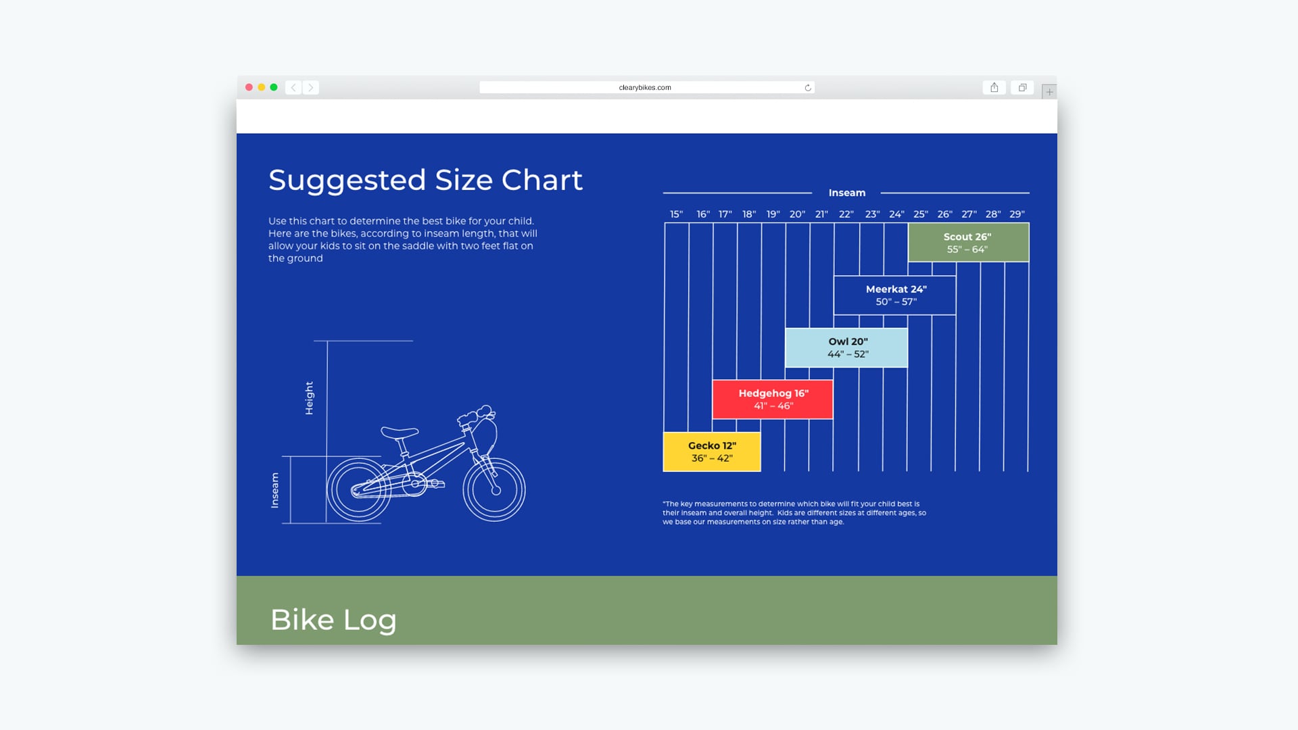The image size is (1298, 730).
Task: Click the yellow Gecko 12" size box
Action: click(x=712, y=452)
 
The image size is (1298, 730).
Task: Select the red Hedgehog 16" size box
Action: click(x=773, y=399)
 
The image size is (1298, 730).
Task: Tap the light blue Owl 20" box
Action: click(x=846, y=347)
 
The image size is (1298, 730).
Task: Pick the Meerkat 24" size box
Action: click(x=895, y=295)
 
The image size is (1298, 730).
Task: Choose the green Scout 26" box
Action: click(x=968, y=243)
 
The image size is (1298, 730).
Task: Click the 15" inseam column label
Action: click(x=676, y=214)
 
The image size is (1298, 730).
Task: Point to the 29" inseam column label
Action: click(x=1017, y=214)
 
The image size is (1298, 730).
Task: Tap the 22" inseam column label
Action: click(x=846, y=214)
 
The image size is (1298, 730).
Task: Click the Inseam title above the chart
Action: click(x=847, y=193)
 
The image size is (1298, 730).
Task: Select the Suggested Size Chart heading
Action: click(x=425, y=180)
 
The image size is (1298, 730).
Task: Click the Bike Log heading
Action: click(x=333, y=620)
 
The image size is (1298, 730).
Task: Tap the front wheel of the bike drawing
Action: click(x=494, y=489)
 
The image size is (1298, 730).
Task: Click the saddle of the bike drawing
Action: click(x=400, y=431)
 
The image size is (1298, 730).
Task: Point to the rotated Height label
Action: click(x=309, y=398)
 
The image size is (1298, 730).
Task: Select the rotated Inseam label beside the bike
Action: click(x=274, y=490)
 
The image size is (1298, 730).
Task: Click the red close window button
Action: click(x=249, y=87)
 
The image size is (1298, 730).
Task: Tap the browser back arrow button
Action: click(x=293, y=87)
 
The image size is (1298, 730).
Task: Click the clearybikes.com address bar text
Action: click(x=645, y=88)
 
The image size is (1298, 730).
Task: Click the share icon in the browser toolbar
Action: click(x=994, y=87)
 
